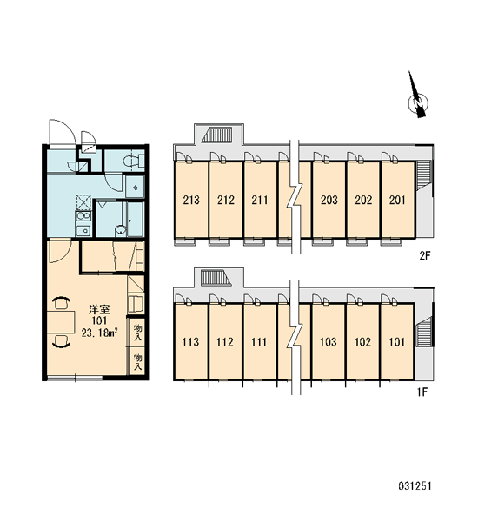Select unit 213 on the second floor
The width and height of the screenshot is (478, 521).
click(191, 200)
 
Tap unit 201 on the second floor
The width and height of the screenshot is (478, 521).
click(397, 200)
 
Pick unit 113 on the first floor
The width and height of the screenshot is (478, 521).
click(190, 341)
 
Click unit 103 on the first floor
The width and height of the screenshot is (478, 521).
click(329, 341)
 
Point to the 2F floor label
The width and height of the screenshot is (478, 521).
click(424, 255)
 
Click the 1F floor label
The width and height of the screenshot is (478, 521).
click(422, 392)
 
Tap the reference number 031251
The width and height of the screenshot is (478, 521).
click(415, 486)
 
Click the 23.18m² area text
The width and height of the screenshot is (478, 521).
click(100, 333)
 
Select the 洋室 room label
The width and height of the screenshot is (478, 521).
click(99, 310)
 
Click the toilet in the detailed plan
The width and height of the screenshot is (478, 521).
click(133, 162)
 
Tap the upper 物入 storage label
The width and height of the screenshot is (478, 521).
click(137, 333)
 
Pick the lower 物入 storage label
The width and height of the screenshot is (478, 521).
click(137, 362)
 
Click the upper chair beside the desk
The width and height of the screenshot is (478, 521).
click(61, 303)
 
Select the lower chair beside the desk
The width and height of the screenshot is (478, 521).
click(61, 341)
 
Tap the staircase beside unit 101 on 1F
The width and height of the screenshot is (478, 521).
click(424, 332)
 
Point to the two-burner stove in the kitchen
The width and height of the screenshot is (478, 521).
click(83, 216)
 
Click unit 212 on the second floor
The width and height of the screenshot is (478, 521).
click(226, 200)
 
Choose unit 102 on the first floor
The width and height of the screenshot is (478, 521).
click(362, 341)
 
